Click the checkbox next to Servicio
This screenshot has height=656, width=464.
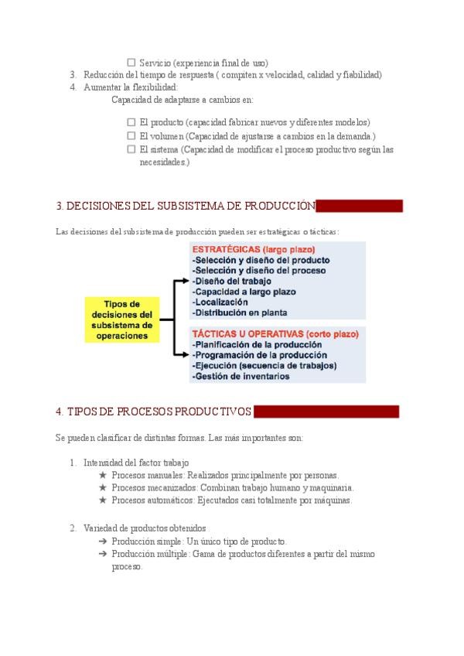tap(131, 63)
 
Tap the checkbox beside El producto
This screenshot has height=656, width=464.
tap(131, 122)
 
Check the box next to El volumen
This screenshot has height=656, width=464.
tap(131, 135)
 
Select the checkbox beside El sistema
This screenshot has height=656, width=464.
tap(131, 149)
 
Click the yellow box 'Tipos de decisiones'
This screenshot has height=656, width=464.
tap(122, 320)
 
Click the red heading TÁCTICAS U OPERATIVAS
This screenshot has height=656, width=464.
tap(275, 334)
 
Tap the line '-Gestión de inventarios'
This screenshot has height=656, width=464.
tap(241, 376)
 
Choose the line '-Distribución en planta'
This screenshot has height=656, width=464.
tap(240, 313)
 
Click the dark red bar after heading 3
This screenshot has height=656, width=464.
tap(360, 206)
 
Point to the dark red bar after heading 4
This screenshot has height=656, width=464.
tap(326, 412)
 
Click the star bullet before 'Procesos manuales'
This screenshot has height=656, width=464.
tap(103, 475)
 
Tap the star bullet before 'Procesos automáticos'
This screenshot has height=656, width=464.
tap(103, 501)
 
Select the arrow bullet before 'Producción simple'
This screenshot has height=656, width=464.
tap(103, 542)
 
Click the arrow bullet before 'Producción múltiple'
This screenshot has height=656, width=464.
tap(103, 554)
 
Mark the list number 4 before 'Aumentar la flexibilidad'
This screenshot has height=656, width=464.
tap(73, 87)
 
